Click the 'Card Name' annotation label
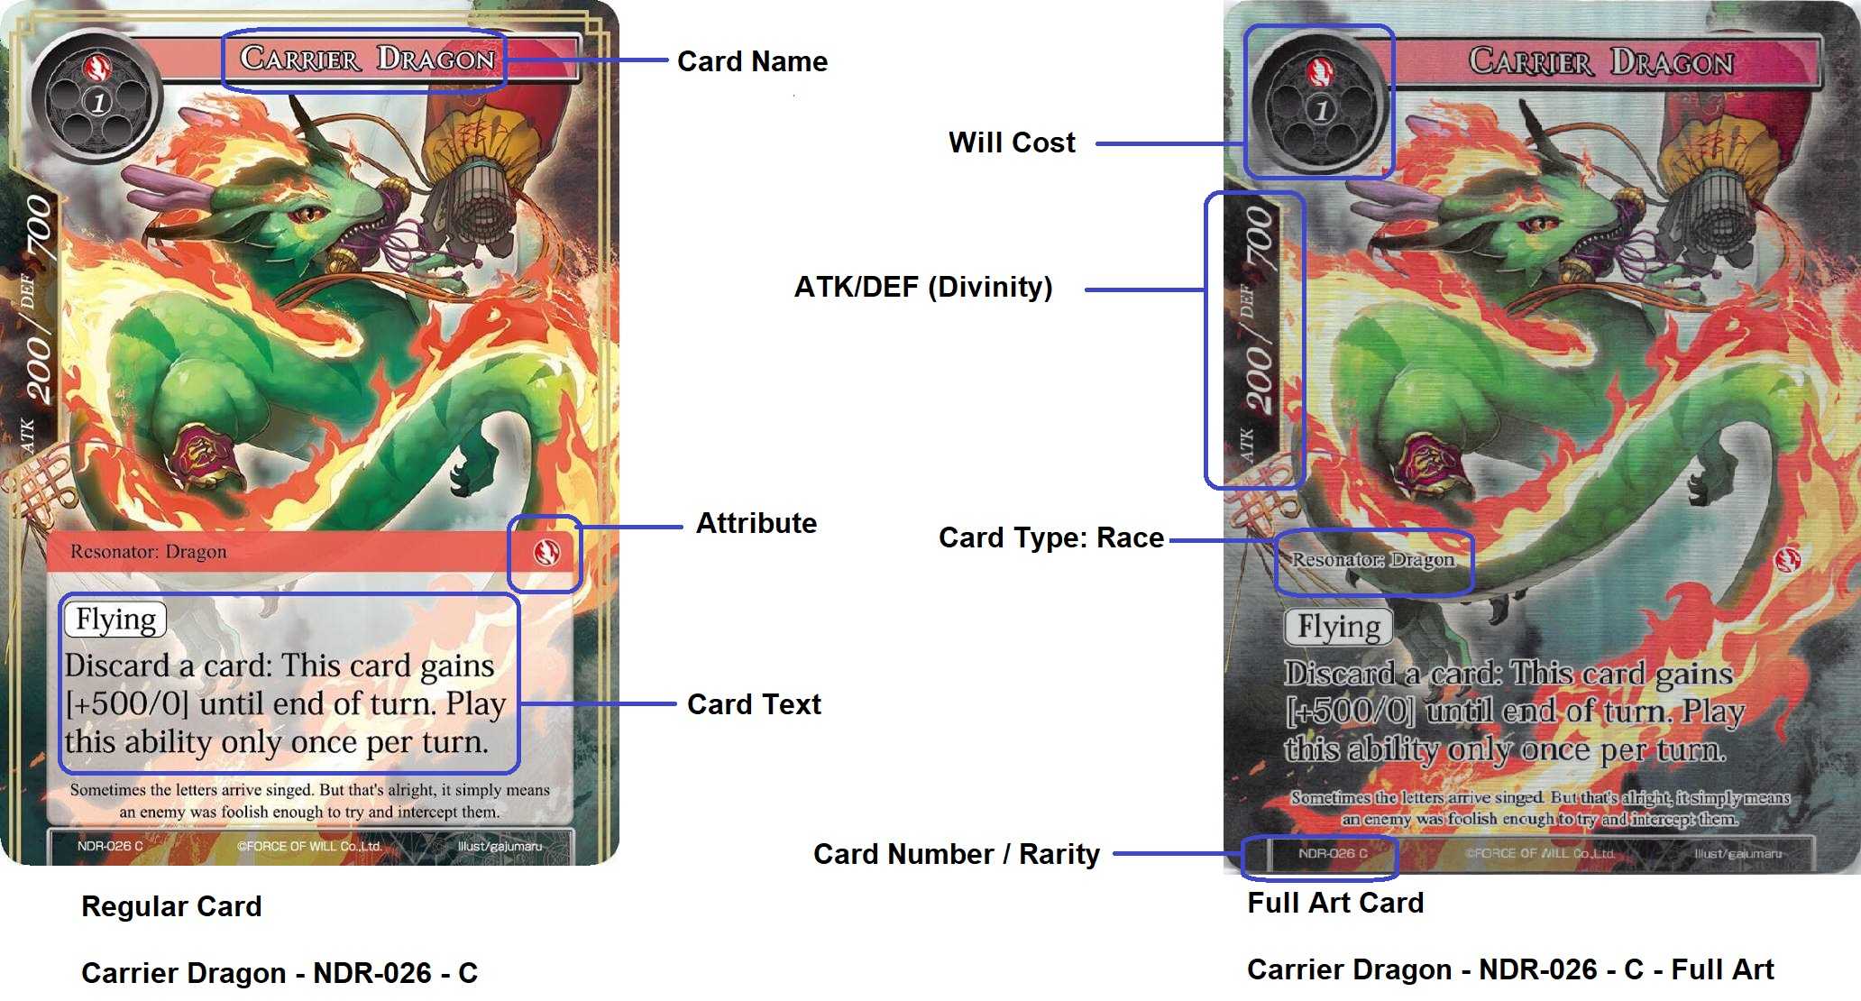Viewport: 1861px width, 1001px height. (x=752, y=61)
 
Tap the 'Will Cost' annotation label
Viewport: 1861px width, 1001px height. (x=1012, y=142)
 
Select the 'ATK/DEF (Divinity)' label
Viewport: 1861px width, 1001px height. (x=923, y=287)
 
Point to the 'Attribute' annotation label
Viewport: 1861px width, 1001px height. (x=756, y=523)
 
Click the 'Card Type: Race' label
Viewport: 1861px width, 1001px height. (x=1051, y=537)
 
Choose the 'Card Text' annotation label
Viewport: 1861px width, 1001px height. (x=754, y=704)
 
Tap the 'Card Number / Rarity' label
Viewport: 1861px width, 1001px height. (x=957, y=854)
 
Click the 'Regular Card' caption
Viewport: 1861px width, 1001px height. (x=171, y=906)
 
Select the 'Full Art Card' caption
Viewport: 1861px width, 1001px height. (x=1335, y=903)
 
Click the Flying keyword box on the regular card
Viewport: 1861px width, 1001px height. (x=115, y=620)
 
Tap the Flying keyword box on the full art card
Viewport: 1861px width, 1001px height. (x=1339, y=627)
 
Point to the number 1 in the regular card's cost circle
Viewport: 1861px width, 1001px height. (x=98, y=103)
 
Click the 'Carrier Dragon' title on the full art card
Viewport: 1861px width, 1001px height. (x=1600, y=62)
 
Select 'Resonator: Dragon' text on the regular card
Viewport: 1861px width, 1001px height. (x=149, y=552)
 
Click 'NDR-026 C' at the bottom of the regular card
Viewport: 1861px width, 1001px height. (x=110, y=846)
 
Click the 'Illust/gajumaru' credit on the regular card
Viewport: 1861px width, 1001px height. (x=500, y=846)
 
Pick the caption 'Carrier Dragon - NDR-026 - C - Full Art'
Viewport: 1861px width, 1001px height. (x=1510, y=969)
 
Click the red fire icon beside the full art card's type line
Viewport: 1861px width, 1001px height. (x=1786, y=560)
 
